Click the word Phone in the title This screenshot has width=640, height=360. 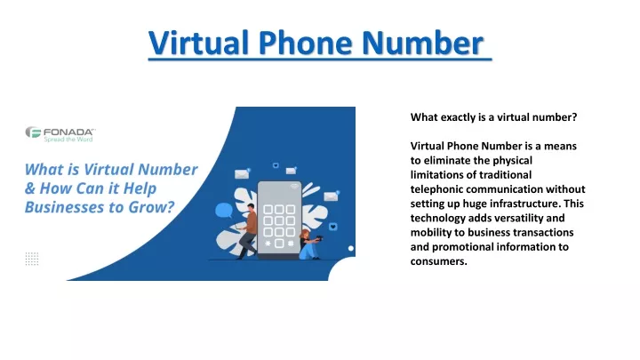305,43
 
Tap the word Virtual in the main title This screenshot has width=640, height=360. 199,43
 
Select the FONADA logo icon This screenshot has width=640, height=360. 33,132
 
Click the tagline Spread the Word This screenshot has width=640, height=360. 68,140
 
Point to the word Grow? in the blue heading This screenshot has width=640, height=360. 151,207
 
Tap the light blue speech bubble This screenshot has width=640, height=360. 224,211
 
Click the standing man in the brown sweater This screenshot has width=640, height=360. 247,231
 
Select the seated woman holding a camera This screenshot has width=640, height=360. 310,244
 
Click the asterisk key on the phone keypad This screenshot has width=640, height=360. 268,244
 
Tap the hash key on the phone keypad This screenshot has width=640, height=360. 291,244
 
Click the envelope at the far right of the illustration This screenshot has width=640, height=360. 331,196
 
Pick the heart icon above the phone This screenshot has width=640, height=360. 276,165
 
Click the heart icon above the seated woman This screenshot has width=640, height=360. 333,227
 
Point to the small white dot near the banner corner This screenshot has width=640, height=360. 350,248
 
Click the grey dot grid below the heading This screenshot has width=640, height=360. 32,259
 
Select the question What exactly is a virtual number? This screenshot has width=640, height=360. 494,117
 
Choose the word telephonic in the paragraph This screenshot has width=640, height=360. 436,189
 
